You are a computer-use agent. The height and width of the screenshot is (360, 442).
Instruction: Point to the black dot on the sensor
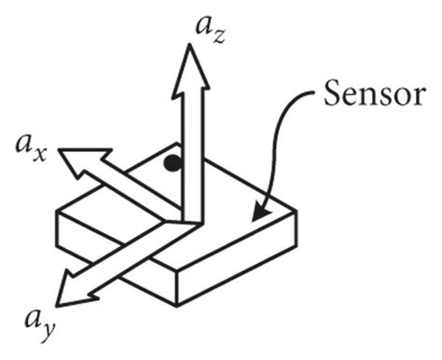click(171, 164)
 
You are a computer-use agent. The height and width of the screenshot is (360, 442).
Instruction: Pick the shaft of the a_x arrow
click(131, 187)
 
